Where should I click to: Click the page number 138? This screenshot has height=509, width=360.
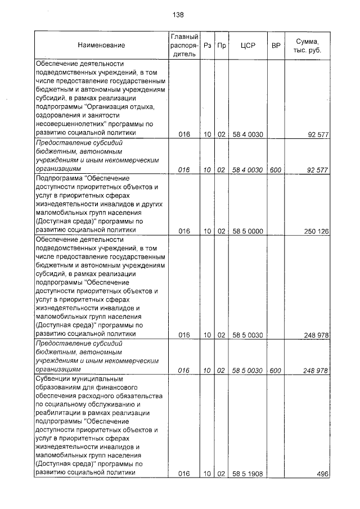point(178,15)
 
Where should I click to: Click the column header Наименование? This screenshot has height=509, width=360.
point(102,45)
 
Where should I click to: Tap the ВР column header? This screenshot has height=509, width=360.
point(276,45)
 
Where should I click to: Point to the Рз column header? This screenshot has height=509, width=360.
point(208,45)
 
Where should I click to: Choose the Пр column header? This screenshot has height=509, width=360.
point(222,45)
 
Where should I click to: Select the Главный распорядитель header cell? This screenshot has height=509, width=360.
point(184,45)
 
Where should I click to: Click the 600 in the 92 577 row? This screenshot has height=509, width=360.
point(276,169)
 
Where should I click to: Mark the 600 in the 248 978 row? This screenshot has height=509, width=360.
point(276,370)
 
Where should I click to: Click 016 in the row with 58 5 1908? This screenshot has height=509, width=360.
point(184,474)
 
